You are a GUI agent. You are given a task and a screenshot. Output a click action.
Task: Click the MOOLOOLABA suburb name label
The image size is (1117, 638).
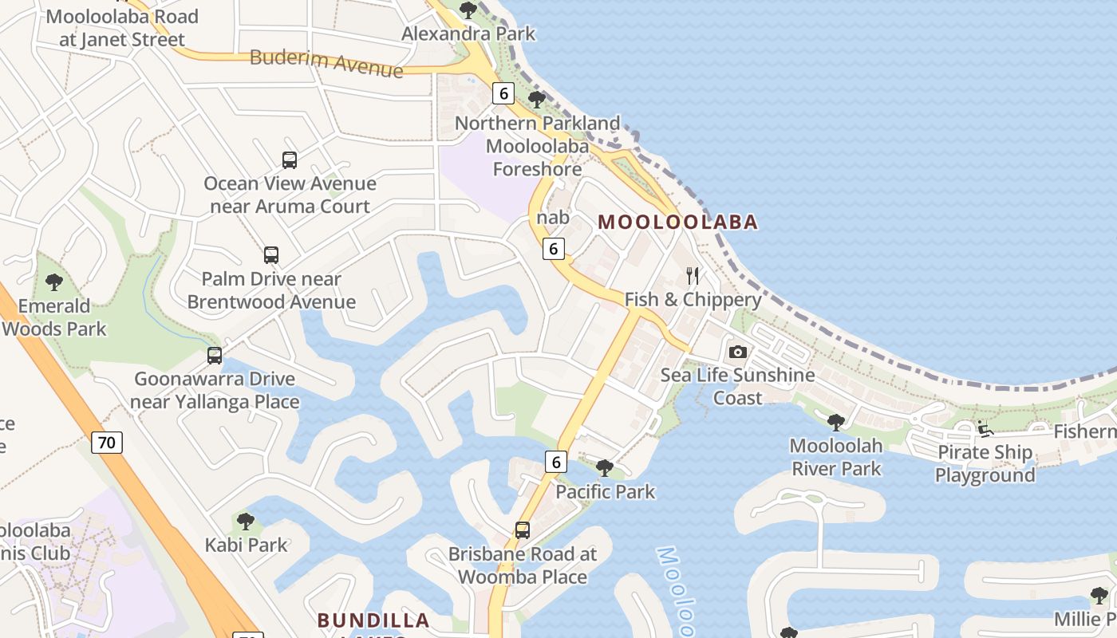coord(677,222)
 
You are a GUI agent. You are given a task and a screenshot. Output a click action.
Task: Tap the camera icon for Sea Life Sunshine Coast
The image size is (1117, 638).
coord(738,352)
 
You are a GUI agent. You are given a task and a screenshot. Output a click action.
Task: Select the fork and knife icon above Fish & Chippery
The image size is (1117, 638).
coord(693,276)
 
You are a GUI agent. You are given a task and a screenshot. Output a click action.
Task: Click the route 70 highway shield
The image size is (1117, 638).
coord(107,442)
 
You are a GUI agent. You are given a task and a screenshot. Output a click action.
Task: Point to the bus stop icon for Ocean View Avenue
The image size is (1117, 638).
coord(290,159)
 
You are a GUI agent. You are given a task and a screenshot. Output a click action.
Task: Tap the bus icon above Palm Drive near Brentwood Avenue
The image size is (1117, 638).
coord(271,255)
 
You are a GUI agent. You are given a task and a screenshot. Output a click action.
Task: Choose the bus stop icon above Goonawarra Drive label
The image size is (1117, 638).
coord(215,356)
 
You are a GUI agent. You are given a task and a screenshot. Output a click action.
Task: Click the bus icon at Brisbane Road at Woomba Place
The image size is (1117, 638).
coord(523,530)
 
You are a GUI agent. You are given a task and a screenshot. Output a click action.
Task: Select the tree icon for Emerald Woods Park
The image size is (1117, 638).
coord(54,282)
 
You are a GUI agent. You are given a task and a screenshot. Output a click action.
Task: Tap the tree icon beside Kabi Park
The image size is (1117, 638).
coord(246,522)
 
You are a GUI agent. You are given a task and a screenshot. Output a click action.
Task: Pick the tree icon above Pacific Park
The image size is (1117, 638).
coord(605,468)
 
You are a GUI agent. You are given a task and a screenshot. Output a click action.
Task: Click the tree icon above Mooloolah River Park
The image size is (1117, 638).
coord(836,422)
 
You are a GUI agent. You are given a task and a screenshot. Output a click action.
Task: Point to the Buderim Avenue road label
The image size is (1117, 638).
coord(326,63)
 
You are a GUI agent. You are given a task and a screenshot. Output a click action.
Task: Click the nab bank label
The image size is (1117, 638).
coord(553,217)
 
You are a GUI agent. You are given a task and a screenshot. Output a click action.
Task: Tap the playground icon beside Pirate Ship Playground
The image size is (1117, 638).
coord(985,429)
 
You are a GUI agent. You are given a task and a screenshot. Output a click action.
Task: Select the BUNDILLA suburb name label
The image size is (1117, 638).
coord(373,620)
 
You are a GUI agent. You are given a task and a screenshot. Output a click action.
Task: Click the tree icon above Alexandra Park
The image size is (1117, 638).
coord(468,10)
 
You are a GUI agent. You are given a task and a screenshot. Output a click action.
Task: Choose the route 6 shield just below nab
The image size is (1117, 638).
coord(554,248)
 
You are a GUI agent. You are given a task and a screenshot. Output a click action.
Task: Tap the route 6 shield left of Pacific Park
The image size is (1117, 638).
coord(556,461)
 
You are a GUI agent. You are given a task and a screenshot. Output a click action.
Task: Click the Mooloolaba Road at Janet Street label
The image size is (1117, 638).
coord(122,27)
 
